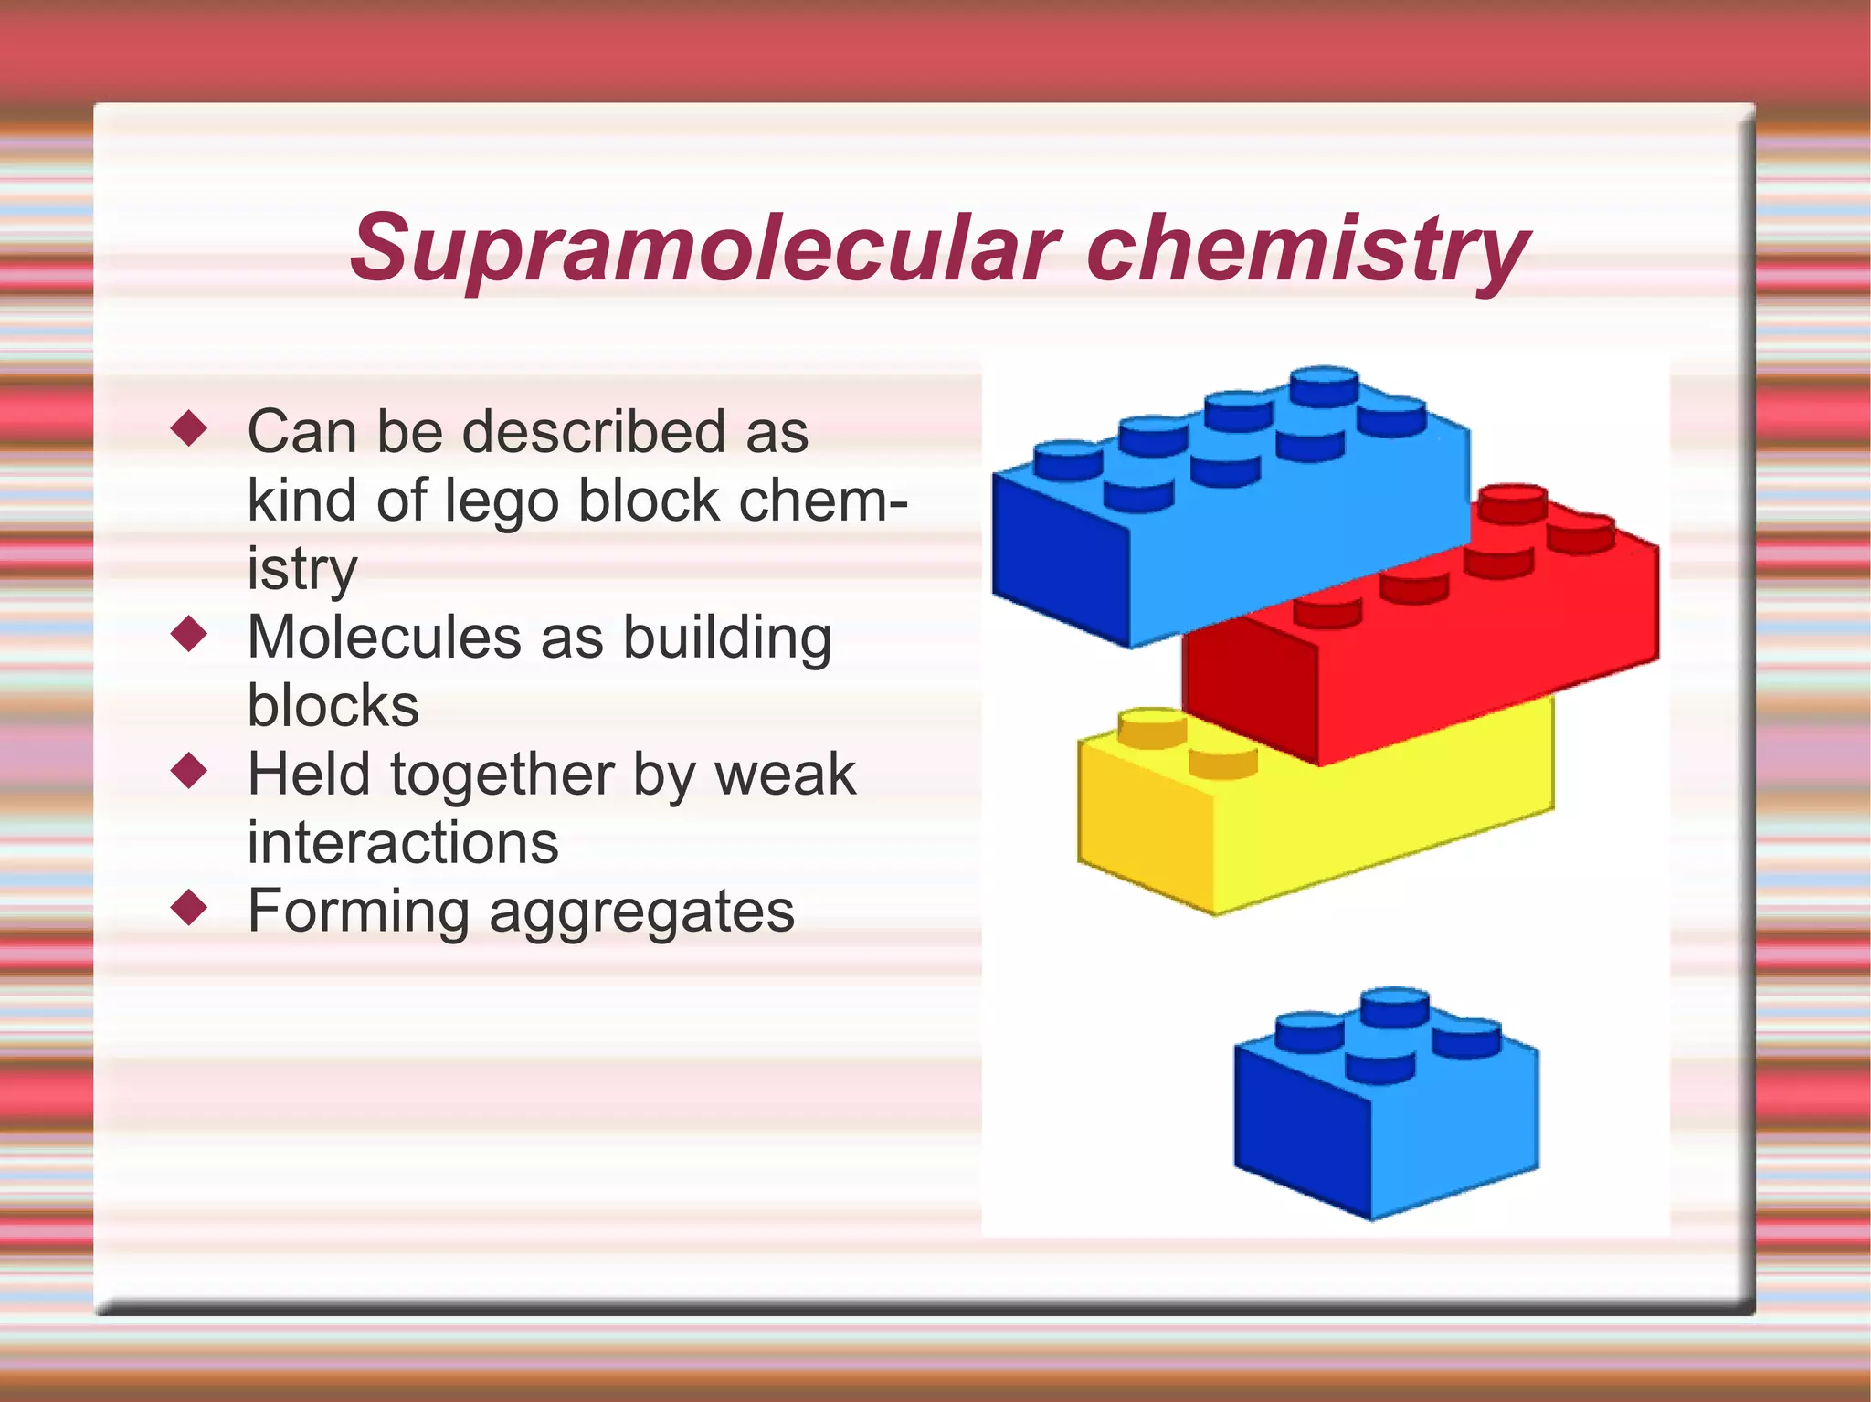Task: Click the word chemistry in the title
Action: (x=1308, y=248)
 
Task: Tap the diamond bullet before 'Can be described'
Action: (x=190, y=428)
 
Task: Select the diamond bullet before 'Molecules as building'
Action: (x=190, y=634)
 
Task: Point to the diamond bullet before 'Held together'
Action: (x=190, y=771)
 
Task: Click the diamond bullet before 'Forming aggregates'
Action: (x=190, y=908)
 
